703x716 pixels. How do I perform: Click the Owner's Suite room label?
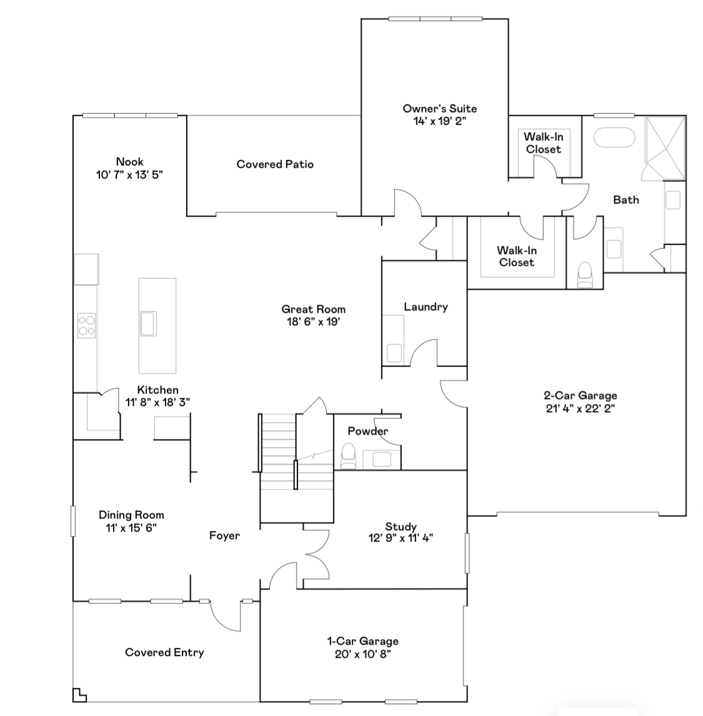coord(439,109)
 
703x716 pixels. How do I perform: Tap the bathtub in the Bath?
coord(613,138)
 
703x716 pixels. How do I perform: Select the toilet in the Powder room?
coord(348,456)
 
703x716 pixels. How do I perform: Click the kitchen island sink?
coord(149,323)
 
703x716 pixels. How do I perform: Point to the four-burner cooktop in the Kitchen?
coord(86,325)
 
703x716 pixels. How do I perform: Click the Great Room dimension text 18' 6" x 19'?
coord(313,322)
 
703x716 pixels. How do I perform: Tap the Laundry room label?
coord(426,306)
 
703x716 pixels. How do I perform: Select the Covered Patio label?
coord(275,164)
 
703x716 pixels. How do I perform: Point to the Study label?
coord(401,527)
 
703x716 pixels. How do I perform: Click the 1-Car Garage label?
coord(362,641)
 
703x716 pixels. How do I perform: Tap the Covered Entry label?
coord(164,652)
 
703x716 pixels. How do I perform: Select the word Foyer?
coord(224,535)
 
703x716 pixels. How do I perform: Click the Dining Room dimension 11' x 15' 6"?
coord(131,528)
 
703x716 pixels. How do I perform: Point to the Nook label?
coord(129,161)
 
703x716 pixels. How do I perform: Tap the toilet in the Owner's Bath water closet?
coord(585,274)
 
